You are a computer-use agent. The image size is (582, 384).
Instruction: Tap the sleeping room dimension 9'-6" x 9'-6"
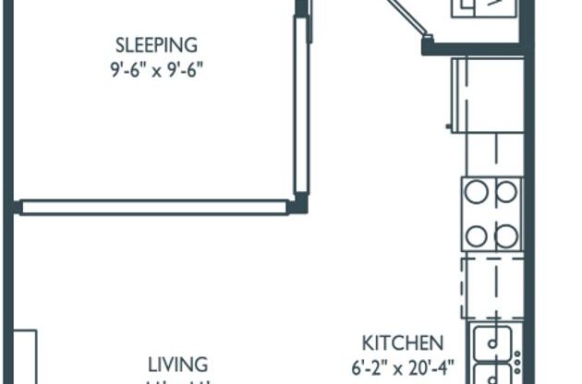click(156, 68)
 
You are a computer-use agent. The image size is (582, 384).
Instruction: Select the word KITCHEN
click(402, 342)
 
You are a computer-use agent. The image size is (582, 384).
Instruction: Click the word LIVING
click(179, 364)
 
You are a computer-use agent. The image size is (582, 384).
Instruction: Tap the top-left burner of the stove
click(477, 192)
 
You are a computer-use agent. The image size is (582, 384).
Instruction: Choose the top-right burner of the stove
click(506, 192)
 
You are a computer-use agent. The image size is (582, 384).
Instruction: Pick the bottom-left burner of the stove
click(477, 235)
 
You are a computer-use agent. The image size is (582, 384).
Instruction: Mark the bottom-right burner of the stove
click(506, 235)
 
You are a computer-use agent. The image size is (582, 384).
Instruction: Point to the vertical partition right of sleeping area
click(300, 106)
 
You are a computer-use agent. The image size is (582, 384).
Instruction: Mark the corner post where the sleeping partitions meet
click(298, 205)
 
